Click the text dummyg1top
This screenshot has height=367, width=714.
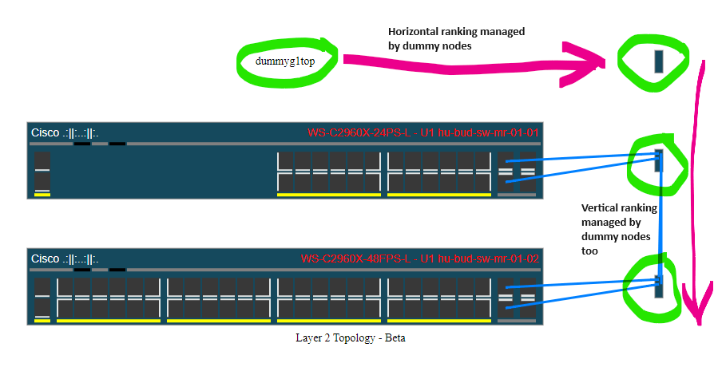[x=284, y=61]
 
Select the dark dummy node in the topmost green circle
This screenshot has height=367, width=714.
[x=658, y=62]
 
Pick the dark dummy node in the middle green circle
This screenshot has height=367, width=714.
[x=659, y=160]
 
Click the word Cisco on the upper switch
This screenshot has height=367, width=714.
[x=45, y=132]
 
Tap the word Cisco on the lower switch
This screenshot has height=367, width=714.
[x=45, y=258]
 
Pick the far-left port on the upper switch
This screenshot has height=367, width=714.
[x=42, y=171]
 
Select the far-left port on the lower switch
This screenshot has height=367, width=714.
[x=42, y=297]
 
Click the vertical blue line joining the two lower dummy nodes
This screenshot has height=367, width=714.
[x=660, y=223]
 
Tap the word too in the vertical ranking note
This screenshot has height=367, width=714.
[x=591, y=251]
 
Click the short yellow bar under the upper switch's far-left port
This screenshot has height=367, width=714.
[x=42, y=194]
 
